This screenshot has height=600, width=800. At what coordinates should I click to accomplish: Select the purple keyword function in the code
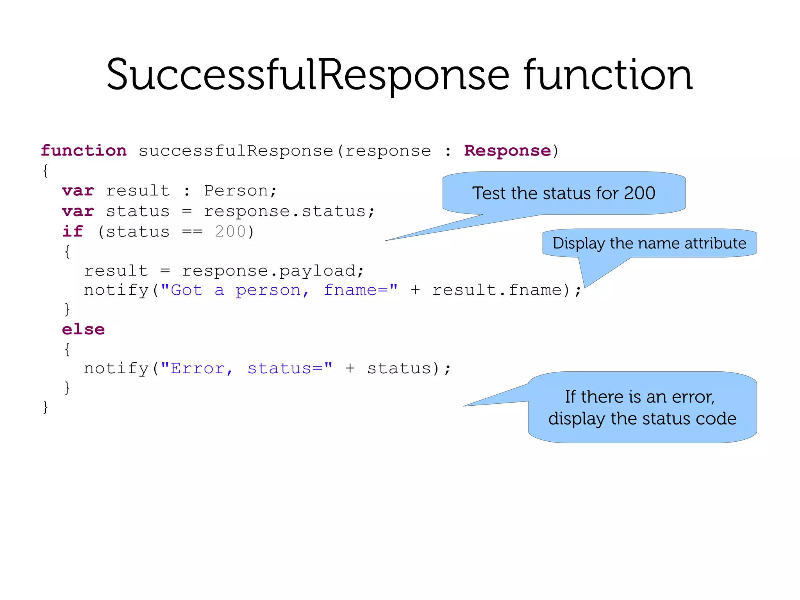pos(84,150)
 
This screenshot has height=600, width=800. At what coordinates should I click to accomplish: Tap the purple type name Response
pos(507,150)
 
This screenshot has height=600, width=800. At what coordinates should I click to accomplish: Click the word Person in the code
pos(236,191)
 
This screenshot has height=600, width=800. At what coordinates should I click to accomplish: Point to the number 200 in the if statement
pos(230,231)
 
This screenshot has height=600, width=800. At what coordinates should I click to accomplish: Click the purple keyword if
pos(73,231)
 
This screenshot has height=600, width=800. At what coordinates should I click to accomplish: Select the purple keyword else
pos(83,329)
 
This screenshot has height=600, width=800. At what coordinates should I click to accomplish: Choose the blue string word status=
pos(289,368)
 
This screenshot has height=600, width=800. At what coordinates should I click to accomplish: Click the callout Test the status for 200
pos(563,193)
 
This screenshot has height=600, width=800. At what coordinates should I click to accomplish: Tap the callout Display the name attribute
pos(649,243)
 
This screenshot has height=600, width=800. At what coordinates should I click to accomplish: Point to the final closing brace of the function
pos(45,407)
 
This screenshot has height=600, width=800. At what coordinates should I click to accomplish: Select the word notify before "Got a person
pos(116,290)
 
